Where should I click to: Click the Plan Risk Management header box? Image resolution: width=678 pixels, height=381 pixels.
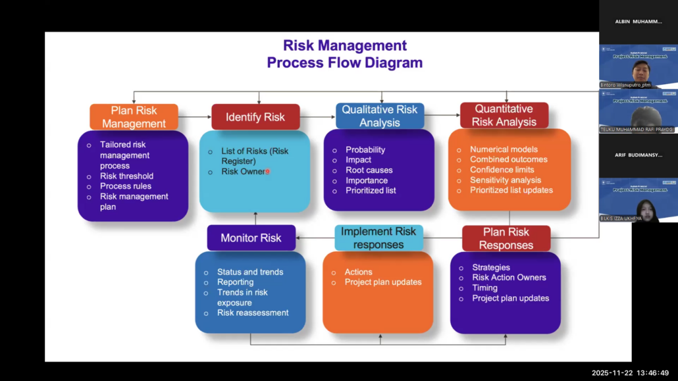134,117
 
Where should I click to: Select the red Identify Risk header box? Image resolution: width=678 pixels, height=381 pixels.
255,117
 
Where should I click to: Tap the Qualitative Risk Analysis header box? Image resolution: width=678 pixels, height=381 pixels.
380,116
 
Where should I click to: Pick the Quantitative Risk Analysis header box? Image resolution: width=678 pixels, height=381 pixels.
504,115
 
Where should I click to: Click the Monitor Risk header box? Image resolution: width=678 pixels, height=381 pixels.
251,238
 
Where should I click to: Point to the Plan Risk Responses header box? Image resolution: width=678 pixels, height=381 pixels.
506,238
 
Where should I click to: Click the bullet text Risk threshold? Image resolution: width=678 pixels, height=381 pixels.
126,176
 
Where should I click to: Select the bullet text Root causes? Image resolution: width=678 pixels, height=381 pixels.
369,170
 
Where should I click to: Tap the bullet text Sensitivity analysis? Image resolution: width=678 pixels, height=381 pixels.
506,180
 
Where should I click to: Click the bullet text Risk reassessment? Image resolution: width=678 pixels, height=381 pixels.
253,313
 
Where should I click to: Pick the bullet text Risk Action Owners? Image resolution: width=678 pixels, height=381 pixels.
509,277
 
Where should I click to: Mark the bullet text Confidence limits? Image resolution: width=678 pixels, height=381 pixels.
502,170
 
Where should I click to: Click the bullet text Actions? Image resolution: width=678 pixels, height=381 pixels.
358,272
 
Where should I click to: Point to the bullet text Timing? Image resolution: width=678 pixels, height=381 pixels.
484,288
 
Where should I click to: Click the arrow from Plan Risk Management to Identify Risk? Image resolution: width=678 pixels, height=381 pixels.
194,117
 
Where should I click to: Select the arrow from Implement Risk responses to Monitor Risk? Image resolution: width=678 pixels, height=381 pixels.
315,238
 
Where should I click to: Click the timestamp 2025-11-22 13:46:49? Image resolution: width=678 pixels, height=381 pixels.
630,373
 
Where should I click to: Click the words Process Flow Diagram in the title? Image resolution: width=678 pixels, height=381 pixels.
344,63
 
